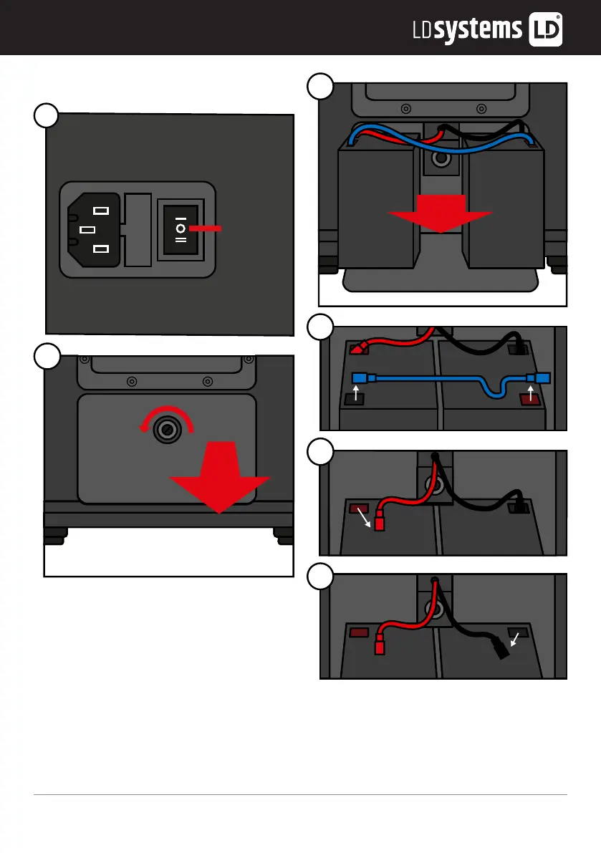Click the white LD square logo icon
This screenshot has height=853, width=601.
click(x=545, y=29)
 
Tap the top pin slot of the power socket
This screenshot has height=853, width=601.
click(x=102, y=211)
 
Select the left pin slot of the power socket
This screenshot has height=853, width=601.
click(x=87, y=230)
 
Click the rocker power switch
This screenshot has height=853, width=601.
click(x=181, y=229)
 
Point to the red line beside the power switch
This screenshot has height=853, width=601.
click(x=206, y=228)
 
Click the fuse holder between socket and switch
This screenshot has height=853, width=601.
click(x=139, y=229)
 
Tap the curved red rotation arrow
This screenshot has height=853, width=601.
click(x=166, y=420)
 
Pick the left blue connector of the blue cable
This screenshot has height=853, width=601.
click(x=360, y=377)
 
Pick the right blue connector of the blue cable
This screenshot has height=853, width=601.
click(x=542, y=377)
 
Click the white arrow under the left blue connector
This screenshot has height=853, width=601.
click(x=356, y=394)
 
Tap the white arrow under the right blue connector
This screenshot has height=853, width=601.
click(x=530, y=394)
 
